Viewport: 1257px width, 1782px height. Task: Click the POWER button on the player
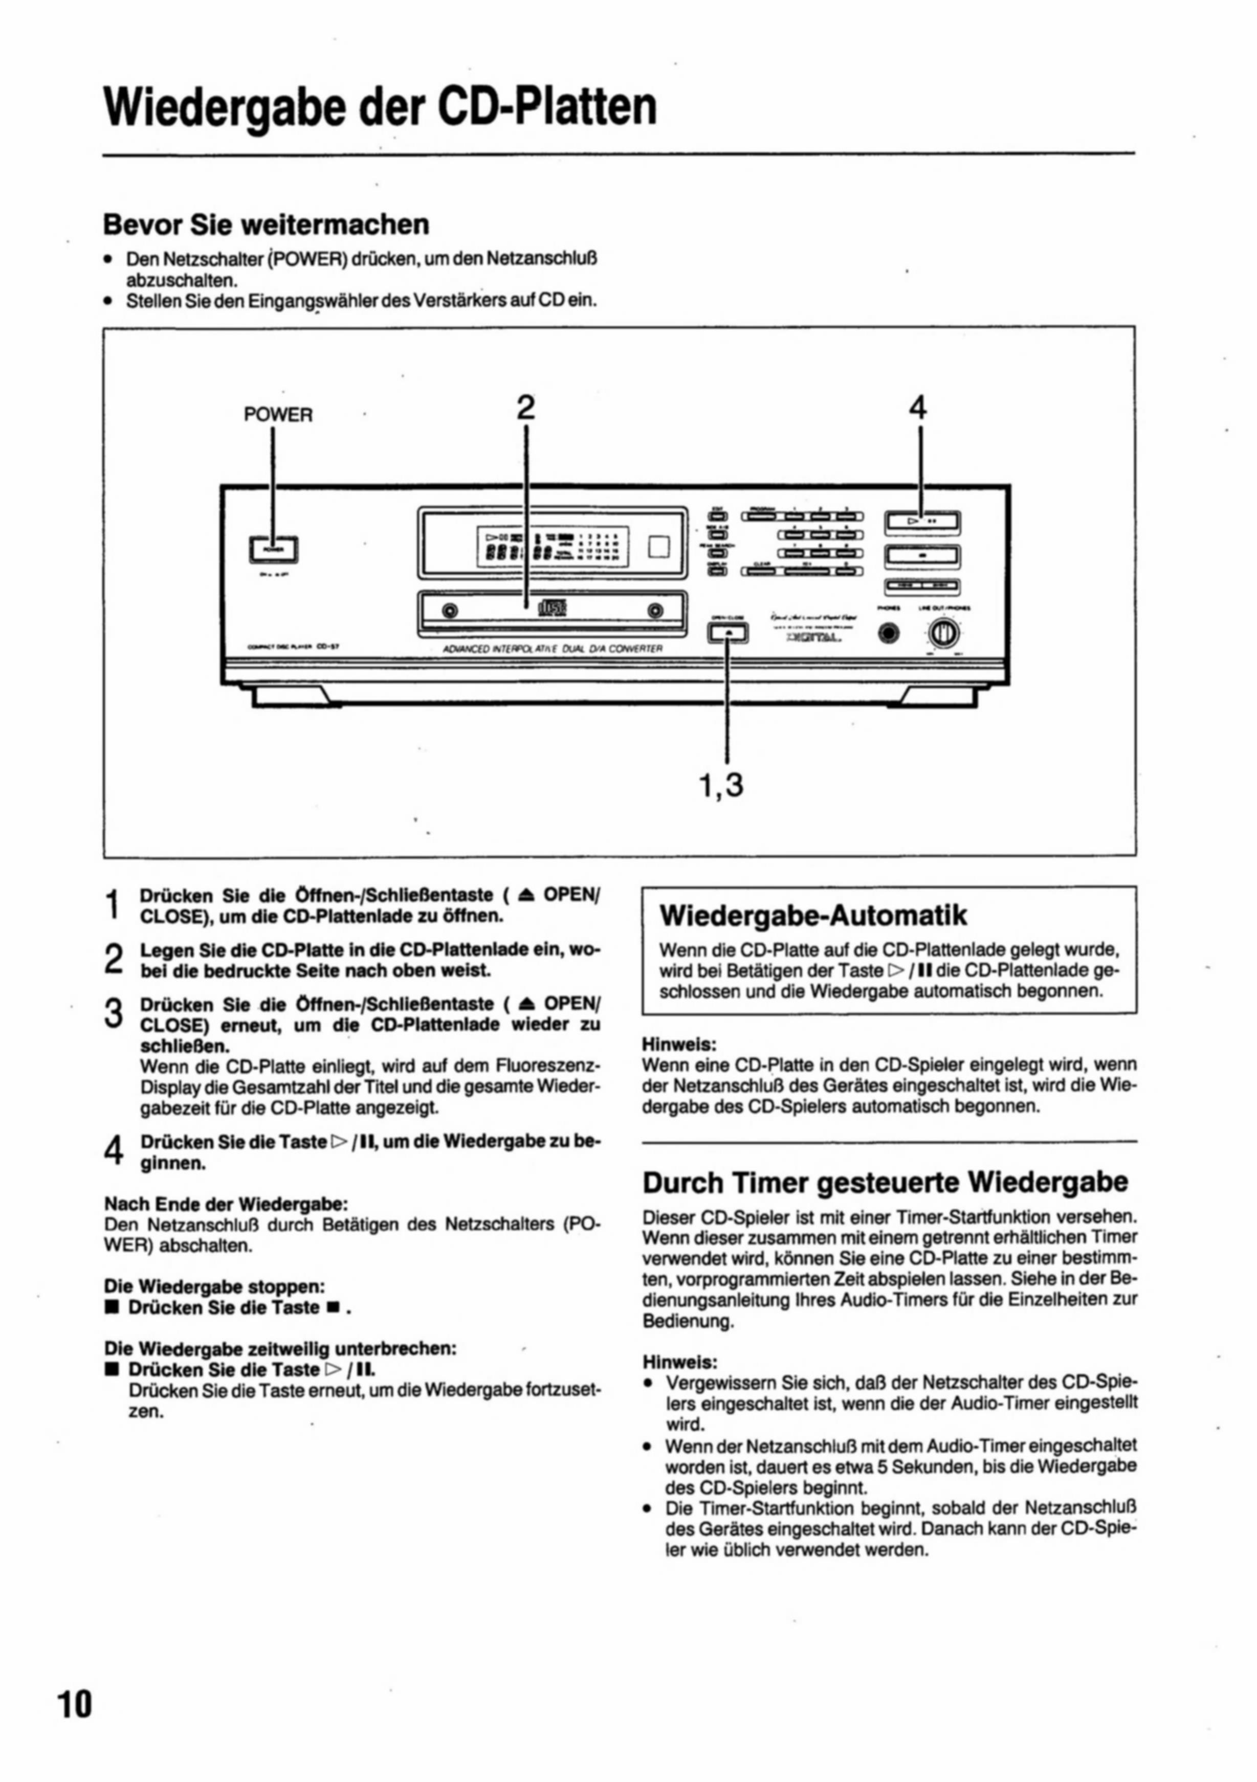coord(273,549)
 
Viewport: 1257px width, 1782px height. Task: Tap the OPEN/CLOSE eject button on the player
coord(727,633)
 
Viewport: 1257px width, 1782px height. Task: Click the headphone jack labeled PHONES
coord(890,633)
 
